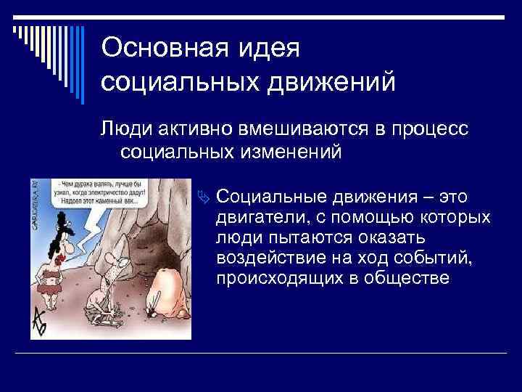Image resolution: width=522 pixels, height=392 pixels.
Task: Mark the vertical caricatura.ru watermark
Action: click(x=34, y=211)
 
